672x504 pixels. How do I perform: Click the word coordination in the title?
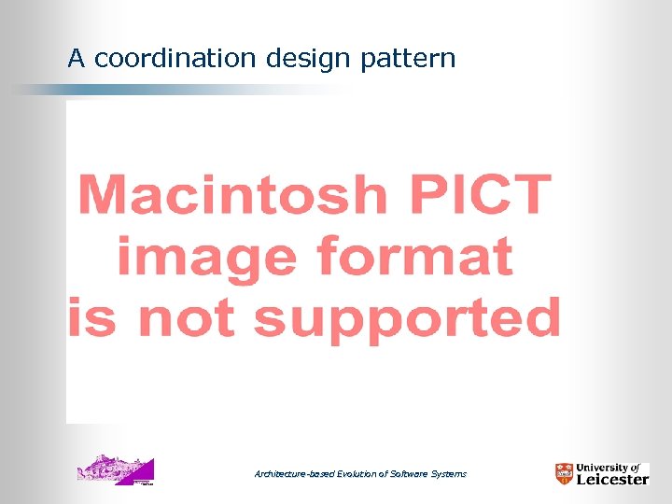(x=175, y=59)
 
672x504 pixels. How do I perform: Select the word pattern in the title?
(x=407, y=59)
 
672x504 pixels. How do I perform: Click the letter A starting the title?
(x=77, y=59)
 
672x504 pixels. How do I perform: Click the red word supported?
(x=406, y=319)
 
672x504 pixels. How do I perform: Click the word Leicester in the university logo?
(x=612, y=479)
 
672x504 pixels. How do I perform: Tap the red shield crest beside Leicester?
(x=564, y=473)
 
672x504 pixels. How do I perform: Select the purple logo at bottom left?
(x=115, y=469)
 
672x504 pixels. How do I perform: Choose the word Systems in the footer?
(x=448, y=474)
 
